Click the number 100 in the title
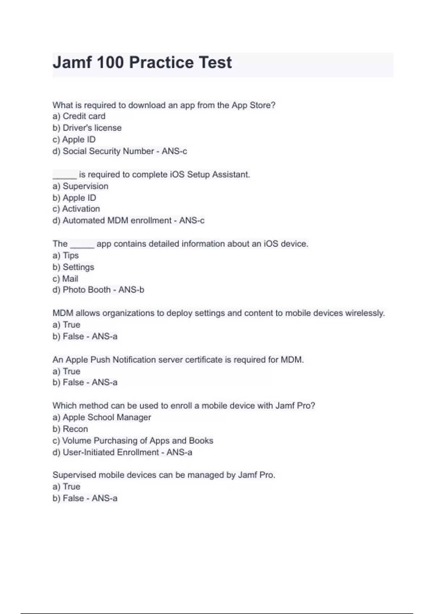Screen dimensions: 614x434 pos(110,62)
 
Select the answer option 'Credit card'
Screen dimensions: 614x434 pos(84,116)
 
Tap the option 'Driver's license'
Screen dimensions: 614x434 pos(92,128)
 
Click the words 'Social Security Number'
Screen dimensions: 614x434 pos(108,151)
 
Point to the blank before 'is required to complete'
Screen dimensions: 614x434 pos(64,176)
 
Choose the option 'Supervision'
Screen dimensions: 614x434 pos(85,186)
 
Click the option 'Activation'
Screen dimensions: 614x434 pos(81,209)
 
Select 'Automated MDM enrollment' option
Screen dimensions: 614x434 pos(117,220)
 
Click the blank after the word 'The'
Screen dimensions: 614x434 pos(82,245)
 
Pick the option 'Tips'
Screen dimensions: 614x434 pos(71,255)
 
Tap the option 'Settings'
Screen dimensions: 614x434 pos(78,267)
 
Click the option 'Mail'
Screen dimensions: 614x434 pos(70,278)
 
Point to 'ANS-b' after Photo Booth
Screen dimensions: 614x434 pos(131,290)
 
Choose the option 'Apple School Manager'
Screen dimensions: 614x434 pos(107,417)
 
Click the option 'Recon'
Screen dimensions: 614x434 pos(75,429)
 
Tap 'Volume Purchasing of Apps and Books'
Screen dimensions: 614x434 pos(137,441)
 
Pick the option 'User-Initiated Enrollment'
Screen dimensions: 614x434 pos(111,452)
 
